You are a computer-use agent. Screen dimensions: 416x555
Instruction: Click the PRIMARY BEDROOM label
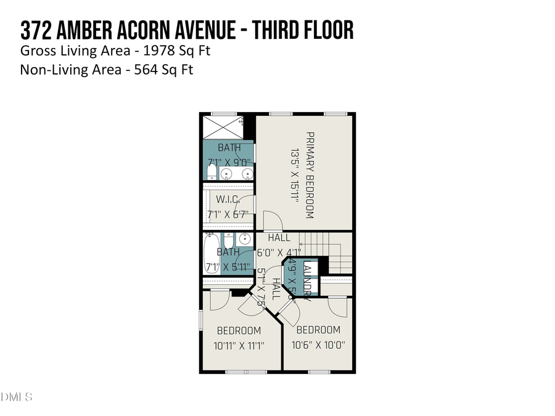pos(310,175)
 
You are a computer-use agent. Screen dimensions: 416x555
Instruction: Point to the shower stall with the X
pos(223,127)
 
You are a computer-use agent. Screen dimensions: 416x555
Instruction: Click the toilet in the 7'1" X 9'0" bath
pos(211,171)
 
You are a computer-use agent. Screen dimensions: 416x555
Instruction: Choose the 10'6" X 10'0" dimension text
pos(318,345)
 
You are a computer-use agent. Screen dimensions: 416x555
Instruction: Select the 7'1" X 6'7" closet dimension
pos(228,214)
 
